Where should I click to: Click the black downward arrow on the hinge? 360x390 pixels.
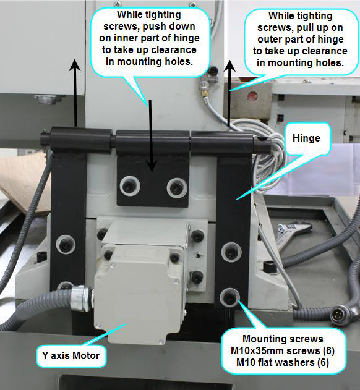(x=149, y=136)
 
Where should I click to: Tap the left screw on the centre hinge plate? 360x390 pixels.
(x=129, y=185)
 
